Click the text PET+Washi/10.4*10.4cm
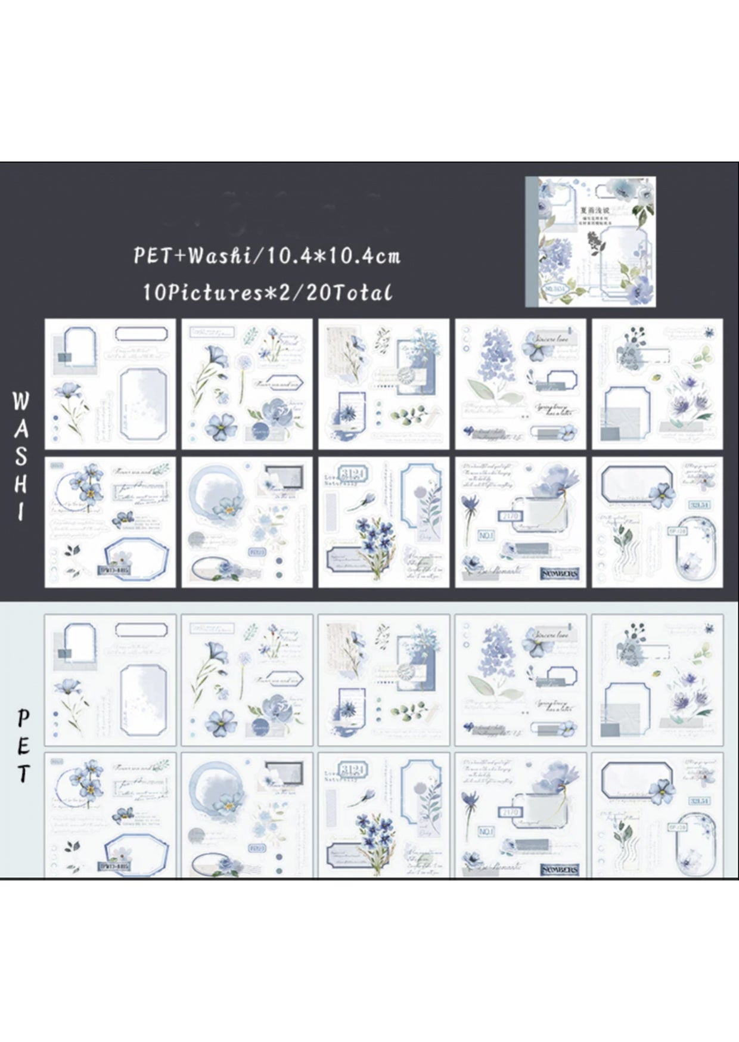coord(266,256)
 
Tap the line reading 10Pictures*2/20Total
coord(267,292)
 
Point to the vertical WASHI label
coord(21,456)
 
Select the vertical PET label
coord(23,745)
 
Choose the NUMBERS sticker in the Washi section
coord(559,573)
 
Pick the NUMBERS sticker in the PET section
coord(559,869)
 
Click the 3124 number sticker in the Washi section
coord(353,474)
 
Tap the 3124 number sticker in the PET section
coord(353,769)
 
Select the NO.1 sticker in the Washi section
coord(486,535)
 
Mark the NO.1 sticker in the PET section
coord(486,831)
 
